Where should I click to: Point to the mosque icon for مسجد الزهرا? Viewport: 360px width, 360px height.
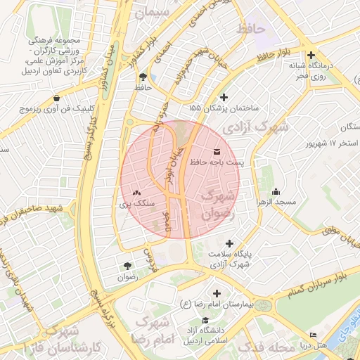point(276,191)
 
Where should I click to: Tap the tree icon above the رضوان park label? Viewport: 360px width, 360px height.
point(127,266)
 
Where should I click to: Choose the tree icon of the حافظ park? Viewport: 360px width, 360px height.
point(143,76)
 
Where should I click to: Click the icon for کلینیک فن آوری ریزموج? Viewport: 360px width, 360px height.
point(56,98)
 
